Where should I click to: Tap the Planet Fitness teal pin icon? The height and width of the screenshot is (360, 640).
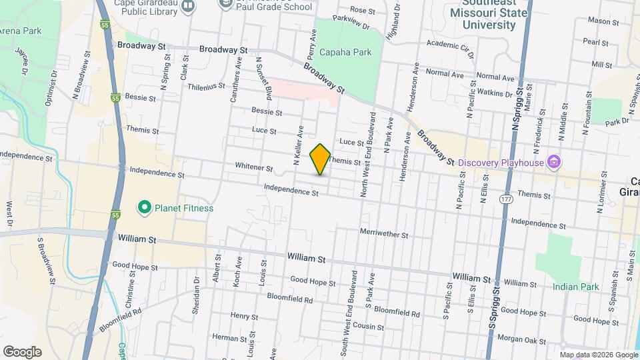point(144,208)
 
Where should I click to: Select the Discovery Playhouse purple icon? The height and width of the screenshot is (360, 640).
point(553,162)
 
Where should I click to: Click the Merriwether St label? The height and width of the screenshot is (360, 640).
point(383,235)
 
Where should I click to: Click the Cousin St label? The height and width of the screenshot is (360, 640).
point(369,327)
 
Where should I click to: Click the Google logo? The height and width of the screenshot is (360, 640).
point(22,352)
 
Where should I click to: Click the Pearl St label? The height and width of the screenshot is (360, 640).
point(591,41)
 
